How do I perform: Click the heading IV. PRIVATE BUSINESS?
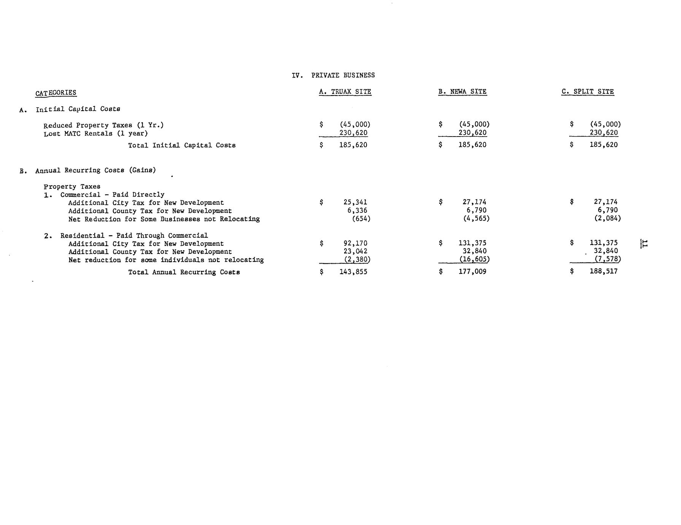333,75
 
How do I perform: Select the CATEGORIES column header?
56,93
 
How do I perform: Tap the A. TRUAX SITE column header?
345,92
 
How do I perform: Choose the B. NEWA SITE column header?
462,92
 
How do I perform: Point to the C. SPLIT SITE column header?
587,92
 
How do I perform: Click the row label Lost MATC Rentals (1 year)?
95,134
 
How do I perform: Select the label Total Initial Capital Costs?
182,145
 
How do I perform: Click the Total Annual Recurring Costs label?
184,272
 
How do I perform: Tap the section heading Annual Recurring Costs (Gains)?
95,170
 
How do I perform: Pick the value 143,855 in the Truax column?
353,272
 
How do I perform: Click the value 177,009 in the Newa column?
472,272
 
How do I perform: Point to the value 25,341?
355,202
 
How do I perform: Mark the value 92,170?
355,243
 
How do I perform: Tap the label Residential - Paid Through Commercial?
134,235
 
